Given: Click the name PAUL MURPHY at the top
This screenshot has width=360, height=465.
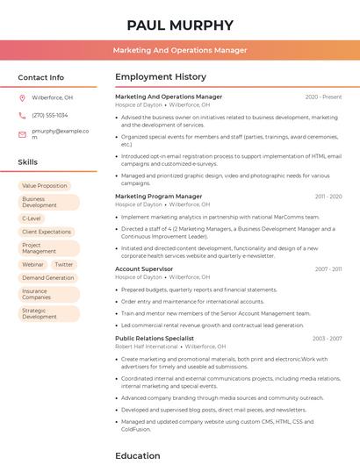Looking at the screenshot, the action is coord(180,25).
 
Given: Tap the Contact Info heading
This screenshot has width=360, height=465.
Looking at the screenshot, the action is coord(41,77).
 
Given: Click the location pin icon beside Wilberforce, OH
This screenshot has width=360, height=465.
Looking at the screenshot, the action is coord(23,98).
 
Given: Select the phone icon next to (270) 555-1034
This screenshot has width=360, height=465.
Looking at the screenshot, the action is coord(23,115).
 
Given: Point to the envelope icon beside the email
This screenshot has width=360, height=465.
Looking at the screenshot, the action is coord(23,133).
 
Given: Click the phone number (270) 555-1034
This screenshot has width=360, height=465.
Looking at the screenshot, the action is coord(49,115).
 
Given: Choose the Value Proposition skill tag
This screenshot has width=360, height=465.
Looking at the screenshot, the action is coord(45,186).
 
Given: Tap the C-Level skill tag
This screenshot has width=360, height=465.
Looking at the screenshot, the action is coord(32,218).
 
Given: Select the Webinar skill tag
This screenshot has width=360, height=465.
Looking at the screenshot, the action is coord(32,264).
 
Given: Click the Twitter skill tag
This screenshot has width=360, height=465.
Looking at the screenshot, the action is coord(64,264).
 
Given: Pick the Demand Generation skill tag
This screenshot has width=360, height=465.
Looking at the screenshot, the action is coord(48,278).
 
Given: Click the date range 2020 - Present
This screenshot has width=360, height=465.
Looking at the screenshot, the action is coord(323,97).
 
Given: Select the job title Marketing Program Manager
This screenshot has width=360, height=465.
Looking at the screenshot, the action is coord(158,197).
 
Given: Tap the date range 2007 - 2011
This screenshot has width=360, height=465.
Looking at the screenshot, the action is coord(328,269).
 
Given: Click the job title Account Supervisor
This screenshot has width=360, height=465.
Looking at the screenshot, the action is coord(144,269).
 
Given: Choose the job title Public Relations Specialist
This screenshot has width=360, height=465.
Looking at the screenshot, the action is coord(155,338).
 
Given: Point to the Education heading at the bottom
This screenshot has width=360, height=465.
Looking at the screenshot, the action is coord(138,455).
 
